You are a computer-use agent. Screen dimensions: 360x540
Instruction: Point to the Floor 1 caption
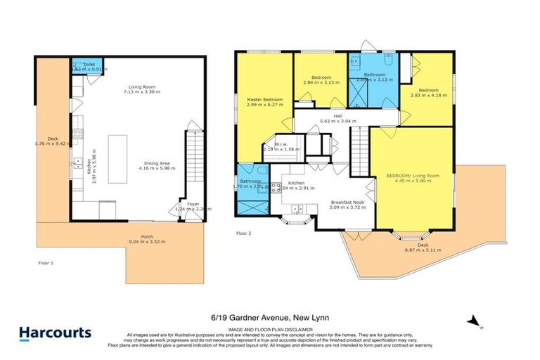(x=46, y=262)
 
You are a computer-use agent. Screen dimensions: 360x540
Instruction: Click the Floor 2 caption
(x=243, y=232)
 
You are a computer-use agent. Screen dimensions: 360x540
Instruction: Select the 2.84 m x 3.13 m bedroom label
(x=321, y=79)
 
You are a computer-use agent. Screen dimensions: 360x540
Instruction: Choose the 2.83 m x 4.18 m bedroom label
(x=428, y=93)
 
